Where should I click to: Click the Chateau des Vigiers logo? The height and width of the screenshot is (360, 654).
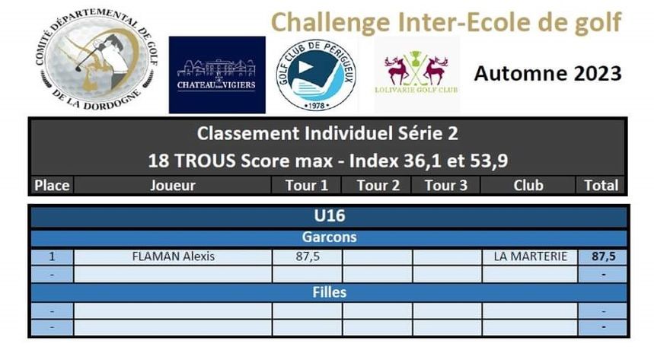point(217,75)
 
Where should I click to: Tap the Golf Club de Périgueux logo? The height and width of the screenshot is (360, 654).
point(316,75)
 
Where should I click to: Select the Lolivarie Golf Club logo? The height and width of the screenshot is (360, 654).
point(416,74)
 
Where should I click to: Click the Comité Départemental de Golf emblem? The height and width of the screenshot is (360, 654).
point(97,59)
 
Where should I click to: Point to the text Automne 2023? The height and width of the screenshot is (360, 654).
point(547,73)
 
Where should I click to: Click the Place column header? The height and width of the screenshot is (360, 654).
point(52,185)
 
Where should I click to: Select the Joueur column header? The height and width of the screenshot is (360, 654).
point(173,185)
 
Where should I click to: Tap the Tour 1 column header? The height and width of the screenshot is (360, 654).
point(307,185)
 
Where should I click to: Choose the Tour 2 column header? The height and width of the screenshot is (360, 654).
point(378,185)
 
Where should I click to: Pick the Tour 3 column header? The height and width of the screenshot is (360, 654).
point(446,185)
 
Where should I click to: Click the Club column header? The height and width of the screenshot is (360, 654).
point(528,185)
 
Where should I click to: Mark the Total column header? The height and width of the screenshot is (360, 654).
point(601,185)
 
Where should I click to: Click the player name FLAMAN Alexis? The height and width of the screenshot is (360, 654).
point(173,256)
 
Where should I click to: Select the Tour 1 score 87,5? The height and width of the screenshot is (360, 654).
point(308,256)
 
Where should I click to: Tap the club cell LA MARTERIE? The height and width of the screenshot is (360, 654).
point(530,256)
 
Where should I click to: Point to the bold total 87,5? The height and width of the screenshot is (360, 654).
point(604,256)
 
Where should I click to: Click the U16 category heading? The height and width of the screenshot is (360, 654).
point(330,215)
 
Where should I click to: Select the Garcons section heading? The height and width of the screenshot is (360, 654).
point(330,237)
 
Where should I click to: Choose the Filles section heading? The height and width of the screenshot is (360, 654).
point(330,292)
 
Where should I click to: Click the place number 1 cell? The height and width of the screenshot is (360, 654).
point(52,256)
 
